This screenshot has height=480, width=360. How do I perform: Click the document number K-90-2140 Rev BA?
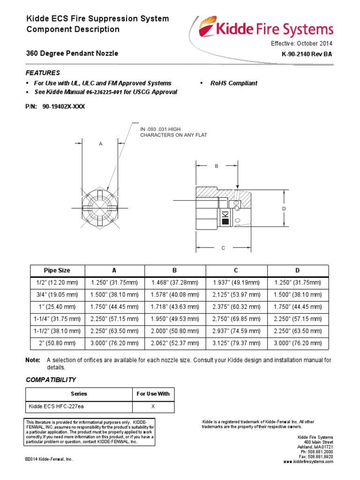[x=307, y=54]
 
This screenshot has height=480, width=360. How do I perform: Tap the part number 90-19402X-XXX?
[x=64, y=106]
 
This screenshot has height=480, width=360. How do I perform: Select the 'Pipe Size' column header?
[x=57, y=270]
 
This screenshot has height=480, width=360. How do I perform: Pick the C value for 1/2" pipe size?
[x=236, y=283]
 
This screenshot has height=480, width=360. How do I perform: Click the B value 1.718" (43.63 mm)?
[x=175, y=307]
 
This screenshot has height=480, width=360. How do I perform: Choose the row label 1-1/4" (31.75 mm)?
[x=57, y=319]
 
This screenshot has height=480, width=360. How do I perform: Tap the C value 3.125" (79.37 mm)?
[x=236, y=344]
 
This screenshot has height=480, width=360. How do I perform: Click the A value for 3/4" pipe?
[x=114, y=295]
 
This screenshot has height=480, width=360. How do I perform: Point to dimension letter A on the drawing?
[x=100, y=144]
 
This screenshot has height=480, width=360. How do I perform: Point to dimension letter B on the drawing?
[x=216, y=166]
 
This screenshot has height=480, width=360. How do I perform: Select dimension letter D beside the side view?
[x=284, y=208]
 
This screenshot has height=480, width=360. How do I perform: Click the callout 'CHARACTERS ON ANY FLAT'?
[x=174, y=135]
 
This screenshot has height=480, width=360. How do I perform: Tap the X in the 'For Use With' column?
[x=153, y=406]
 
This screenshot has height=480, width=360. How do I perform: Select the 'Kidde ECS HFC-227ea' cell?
[x=52, y=406]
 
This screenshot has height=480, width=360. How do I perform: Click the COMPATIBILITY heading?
[x=50, y=380]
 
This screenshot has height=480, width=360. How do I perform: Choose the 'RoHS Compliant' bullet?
[x=233, y=83]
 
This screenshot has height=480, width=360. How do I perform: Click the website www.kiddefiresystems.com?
[x=308, y=462]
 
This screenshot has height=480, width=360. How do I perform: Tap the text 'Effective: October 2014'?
[x=302, y=44]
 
